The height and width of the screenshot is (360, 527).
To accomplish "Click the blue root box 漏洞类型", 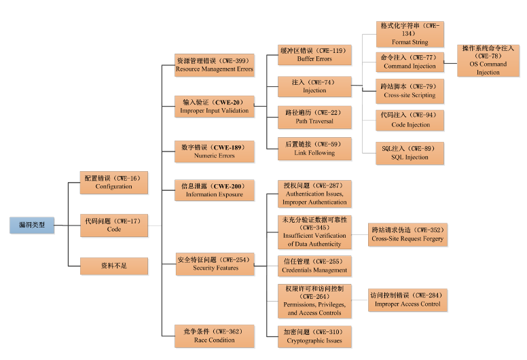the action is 32,226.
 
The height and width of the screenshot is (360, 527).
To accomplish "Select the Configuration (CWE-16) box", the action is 113,182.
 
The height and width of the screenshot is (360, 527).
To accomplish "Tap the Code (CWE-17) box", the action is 113,226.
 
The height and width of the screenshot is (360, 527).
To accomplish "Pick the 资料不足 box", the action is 113,266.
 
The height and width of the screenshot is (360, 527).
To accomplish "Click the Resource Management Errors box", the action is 215,65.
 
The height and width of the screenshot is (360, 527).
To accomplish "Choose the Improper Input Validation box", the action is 215,106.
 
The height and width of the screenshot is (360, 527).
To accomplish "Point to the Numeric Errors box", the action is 215,151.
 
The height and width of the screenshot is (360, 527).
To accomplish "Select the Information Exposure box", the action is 215,190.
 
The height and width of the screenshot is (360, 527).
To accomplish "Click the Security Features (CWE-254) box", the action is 215,264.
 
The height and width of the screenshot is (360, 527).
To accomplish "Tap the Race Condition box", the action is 215,336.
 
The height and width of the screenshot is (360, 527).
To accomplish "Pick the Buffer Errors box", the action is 315,55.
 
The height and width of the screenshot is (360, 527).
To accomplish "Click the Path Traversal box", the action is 315,117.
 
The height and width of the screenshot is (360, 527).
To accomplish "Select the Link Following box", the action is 315,149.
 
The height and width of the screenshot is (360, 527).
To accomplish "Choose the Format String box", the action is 410,33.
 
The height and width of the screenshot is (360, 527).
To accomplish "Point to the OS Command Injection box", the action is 488,60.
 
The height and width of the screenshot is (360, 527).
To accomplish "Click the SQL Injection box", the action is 410,153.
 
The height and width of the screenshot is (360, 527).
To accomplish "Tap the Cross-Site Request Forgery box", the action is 407,234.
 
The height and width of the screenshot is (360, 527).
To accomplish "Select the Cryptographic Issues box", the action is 315,336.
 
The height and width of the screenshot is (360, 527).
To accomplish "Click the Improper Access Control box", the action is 407,300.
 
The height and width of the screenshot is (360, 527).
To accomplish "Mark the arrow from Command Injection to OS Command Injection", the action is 451,62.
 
